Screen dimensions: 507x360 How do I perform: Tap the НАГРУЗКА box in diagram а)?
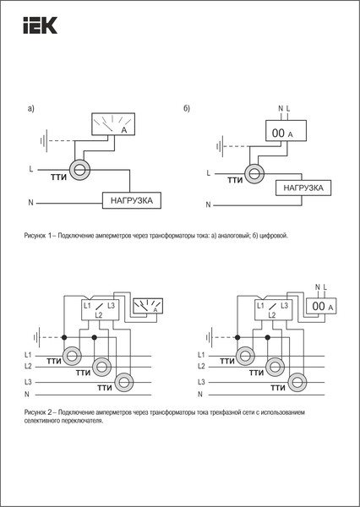[x=132, y=201]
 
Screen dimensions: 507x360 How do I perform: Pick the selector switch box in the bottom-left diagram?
[x=100, y=308]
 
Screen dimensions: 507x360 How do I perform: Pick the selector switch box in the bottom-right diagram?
[x=271, y=308]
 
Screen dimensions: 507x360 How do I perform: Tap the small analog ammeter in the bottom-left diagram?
[x=150, y=307]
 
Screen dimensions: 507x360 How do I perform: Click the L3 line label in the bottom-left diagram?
[x=28, y=382]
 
